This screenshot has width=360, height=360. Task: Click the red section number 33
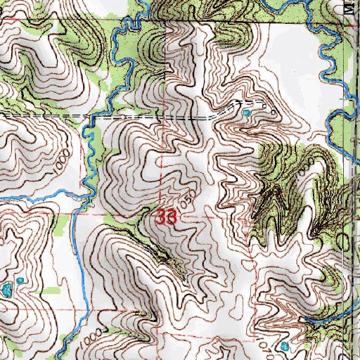[x=166, y=217]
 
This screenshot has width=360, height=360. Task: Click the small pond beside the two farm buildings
[x=246, y=112]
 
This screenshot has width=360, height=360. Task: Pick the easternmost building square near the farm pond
[x=273, y=111]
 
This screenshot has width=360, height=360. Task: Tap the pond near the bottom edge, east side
[x=285, y=347]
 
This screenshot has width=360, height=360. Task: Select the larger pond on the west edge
[x=8, y=290]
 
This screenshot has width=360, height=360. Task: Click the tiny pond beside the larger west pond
[x=21, y=280]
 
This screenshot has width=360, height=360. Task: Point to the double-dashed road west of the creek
[x=42, y=114]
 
